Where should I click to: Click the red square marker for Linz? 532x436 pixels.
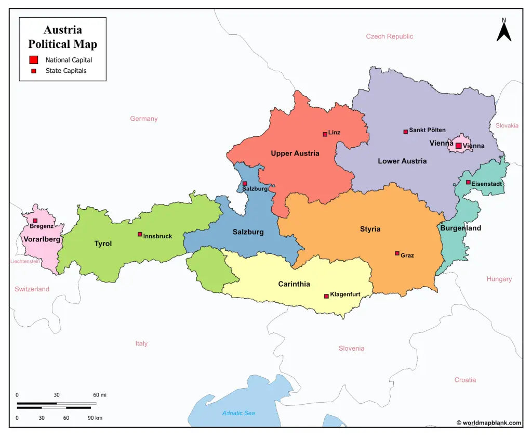coord(325,134)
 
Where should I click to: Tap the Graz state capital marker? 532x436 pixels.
coord(397,253)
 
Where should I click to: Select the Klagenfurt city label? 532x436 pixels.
coord(345,294)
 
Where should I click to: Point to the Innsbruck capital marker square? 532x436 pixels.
coord(140,234)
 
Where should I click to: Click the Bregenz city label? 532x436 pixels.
coord(42,226)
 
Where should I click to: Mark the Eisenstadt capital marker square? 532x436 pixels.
coord(468,182)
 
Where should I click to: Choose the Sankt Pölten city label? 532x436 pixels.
coord(427,130)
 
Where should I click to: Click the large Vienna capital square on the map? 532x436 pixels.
coord(459,146)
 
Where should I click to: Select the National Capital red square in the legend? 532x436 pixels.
coord(34,60)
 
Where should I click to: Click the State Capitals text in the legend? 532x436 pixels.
coord(66,71)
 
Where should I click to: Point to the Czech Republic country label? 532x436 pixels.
coord(389,36)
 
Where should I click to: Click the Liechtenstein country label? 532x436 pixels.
coord(25,261)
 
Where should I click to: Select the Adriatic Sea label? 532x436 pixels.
coord(238,413)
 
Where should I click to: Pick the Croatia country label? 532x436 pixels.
coord(465,380)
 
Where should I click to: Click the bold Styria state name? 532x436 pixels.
coord(370,229)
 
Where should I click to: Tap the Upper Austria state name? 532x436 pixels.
coord(295,153)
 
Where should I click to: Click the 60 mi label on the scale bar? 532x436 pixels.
coord(100,395)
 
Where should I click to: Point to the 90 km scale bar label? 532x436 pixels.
coord(95,418)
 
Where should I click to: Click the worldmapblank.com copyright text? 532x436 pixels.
coord(489,423)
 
